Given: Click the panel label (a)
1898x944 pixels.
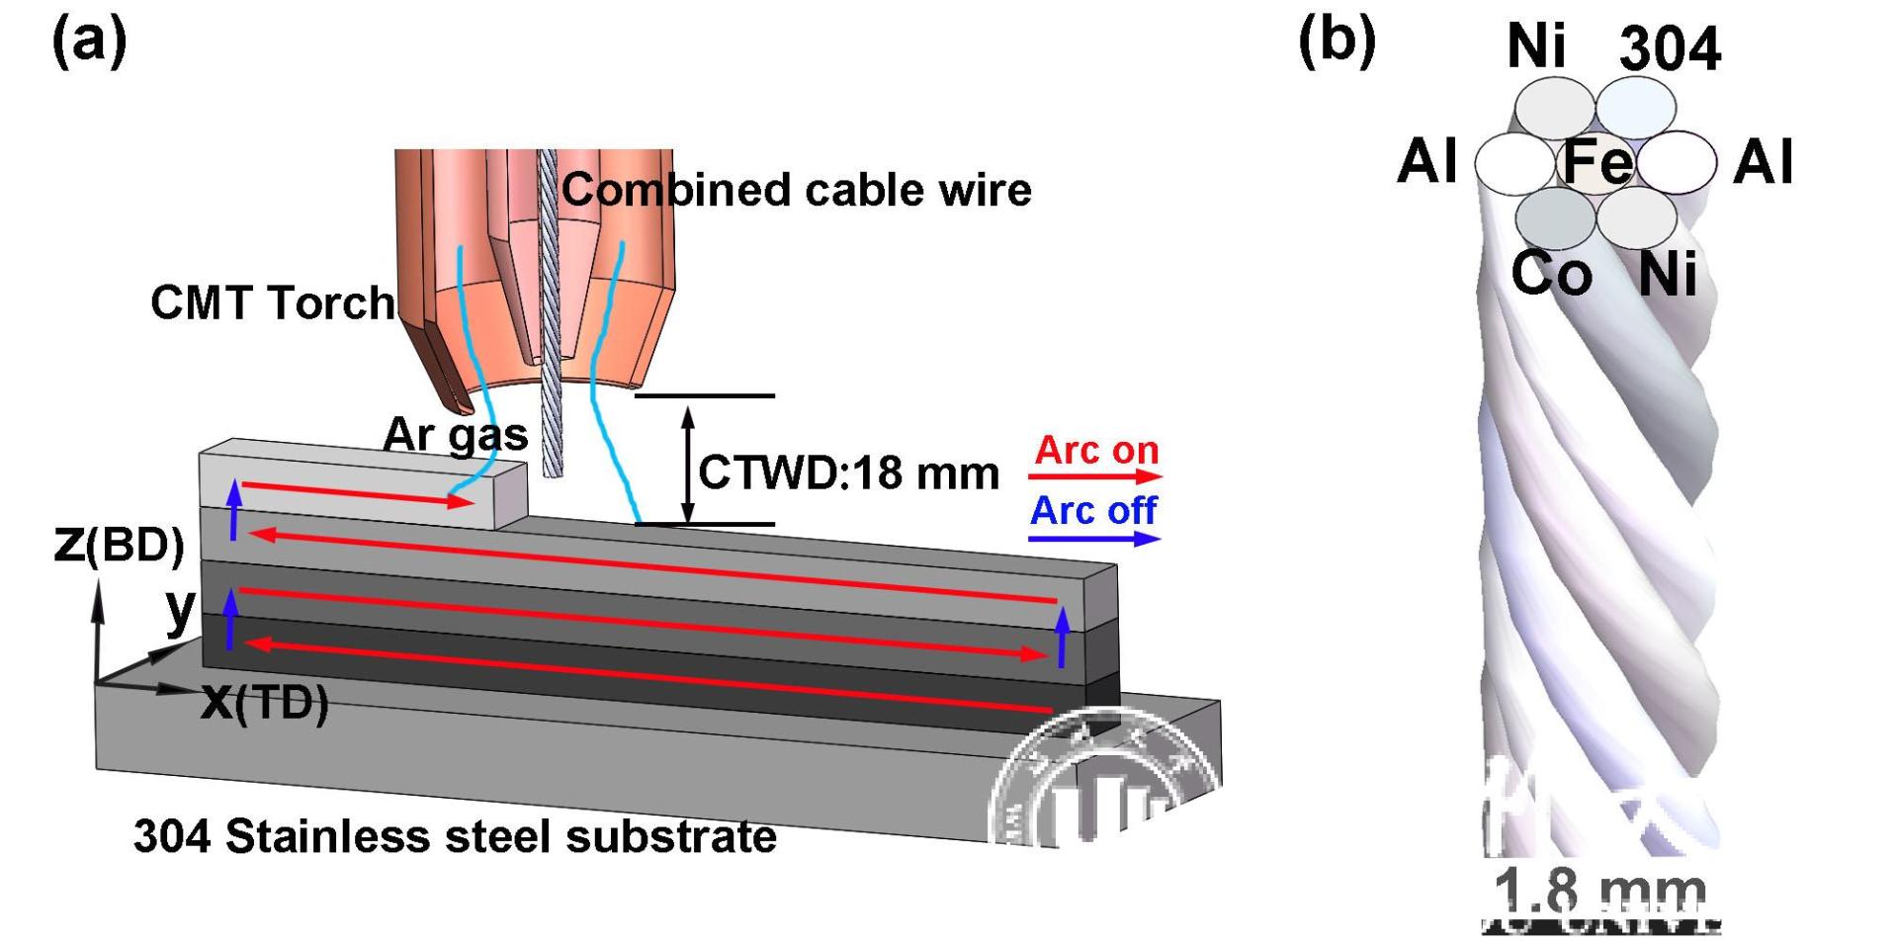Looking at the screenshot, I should [89, 42].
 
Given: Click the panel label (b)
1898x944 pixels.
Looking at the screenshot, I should [1337, 42].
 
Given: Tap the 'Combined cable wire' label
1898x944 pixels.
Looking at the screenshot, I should [796, 190].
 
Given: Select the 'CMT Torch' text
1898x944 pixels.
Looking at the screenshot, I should [272, 302].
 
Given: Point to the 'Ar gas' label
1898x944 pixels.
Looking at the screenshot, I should [456, 434].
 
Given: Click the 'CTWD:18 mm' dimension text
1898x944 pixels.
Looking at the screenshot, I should [848, 473].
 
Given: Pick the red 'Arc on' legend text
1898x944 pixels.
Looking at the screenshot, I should [1096, 451].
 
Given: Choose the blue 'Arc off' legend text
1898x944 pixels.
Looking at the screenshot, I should [1093, 511].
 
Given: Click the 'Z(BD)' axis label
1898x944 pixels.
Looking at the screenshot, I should [119, 545].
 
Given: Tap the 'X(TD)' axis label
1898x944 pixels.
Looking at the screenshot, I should [264, 703].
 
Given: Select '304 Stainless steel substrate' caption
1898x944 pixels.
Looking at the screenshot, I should [455, 836].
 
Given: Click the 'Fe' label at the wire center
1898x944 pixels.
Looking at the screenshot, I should [1596, 163].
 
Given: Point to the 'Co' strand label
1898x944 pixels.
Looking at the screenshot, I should [1551, 274].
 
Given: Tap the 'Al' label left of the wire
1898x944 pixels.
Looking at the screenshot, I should [1427, 161].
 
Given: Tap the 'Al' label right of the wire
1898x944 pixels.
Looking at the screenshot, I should [1764, 161].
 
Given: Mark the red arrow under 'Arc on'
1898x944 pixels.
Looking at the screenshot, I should [1095, 477].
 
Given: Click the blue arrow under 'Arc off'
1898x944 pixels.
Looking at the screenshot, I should [1094, 539].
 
